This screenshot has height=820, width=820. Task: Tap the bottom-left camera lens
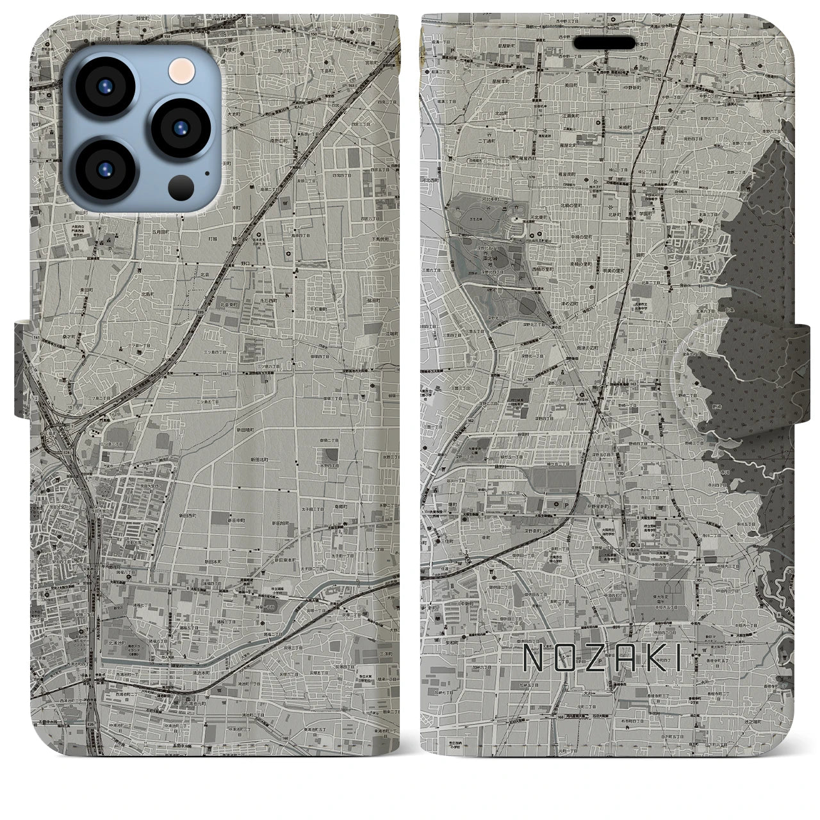pos(104,169)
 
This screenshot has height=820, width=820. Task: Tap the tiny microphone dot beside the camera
pos(206,172)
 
